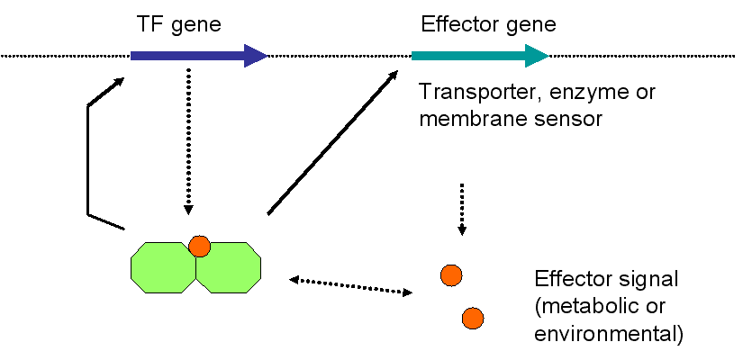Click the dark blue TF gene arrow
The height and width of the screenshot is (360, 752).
click(x=199, y=56)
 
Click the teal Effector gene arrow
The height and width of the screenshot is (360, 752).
click(x=480, y=56)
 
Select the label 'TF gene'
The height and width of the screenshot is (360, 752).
click(x=179, y=24)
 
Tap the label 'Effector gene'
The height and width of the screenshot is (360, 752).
click(x=488, y=24)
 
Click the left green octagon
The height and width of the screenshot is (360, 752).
click(x=164, y=267)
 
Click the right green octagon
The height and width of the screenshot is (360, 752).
click(x=229, y=267)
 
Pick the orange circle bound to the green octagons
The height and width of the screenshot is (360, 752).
click(x=199, y=247)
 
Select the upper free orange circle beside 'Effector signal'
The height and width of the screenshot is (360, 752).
click(x=451, y=275)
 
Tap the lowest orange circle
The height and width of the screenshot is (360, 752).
click(x=473, y=319)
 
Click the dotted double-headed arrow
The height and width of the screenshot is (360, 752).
click(x=350, y=285)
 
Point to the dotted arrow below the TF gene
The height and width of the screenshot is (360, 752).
click(x=188, y=141)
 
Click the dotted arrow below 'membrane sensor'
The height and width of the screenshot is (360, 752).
click(x=462, y=209)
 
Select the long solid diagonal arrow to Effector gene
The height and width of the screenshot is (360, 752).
click(x=333, y=142)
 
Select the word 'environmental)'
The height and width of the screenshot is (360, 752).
click(x=609, y=334)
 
